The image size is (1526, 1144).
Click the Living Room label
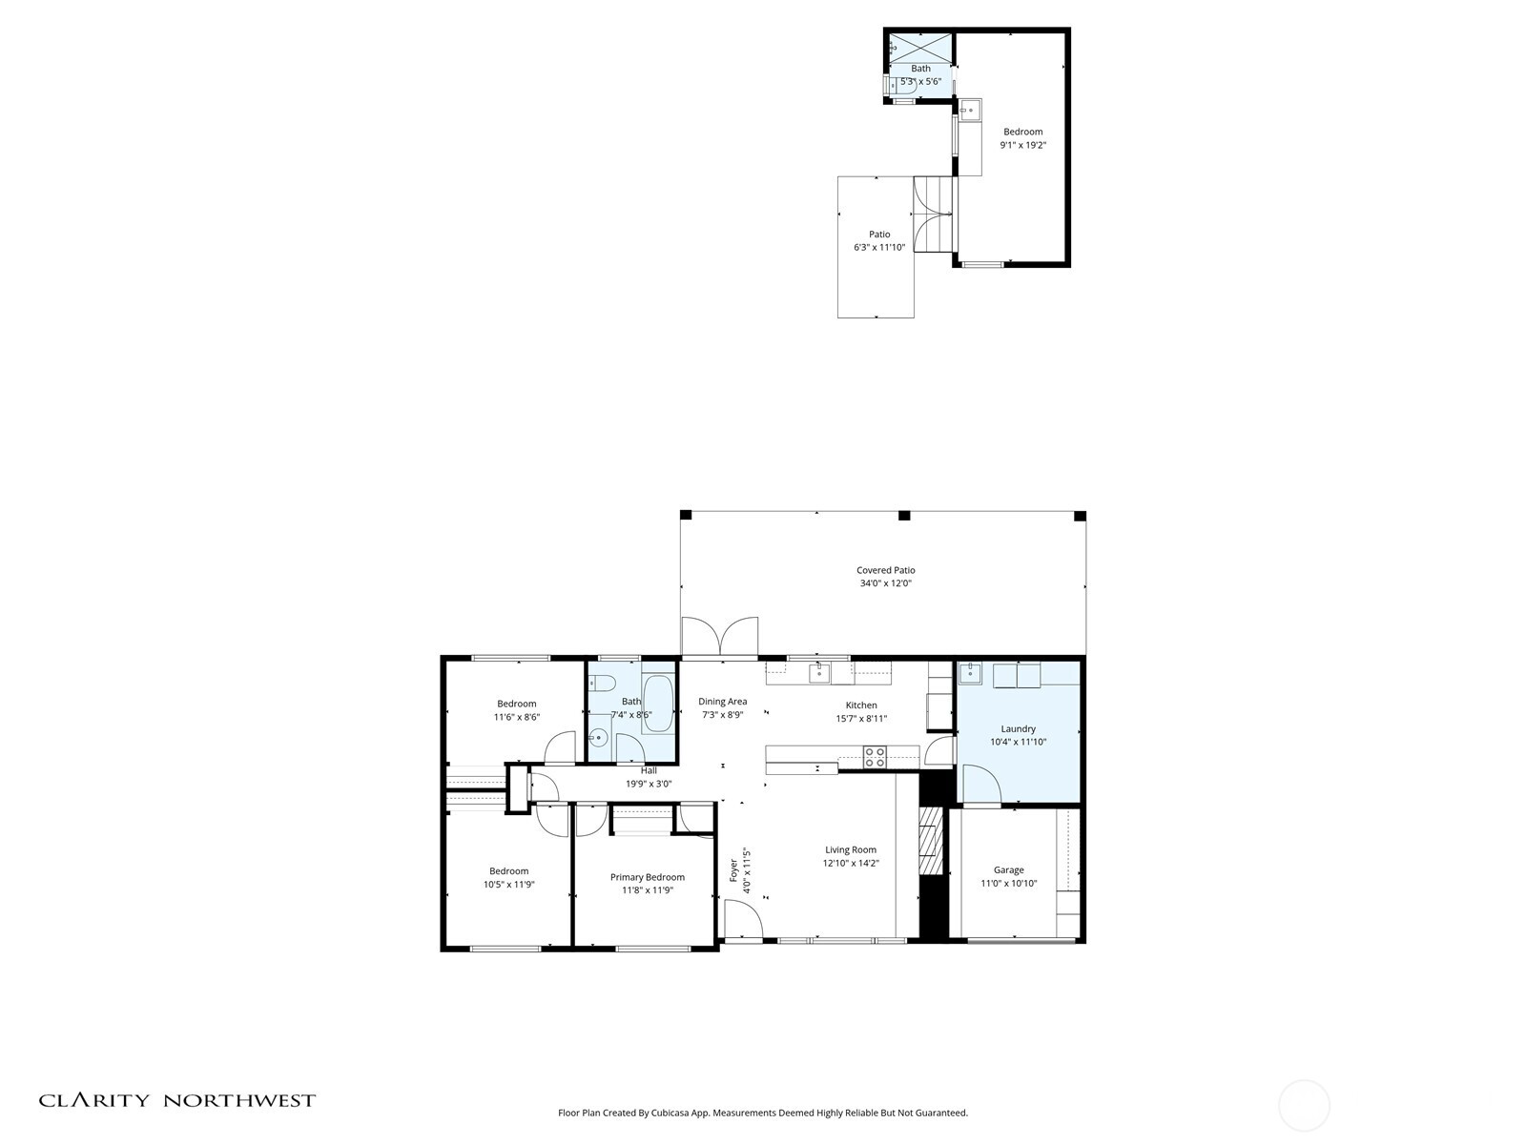click(850, 850)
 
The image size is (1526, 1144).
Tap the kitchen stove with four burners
click(875, 757)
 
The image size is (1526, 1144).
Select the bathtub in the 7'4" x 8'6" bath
click(657, 705)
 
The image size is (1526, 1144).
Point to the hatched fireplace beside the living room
click(928, 841)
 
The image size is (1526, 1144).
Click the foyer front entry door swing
click(742, 921)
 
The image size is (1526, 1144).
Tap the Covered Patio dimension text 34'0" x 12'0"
click(885, 583)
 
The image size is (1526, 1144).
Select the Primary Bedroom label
click(647, 877)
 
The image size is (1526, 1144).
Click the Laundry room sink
click(969, 674)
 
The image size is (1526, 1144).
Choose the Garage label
click(1008, 869)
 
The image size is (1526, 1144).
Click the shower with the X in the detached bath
click(920, 47)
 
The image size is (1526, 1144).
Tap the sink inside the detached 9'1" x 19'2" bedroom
click(970, 111)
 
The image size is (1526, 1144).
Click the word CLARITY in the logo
click(93, 1100)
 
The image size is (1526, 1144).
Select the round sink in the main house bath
click(598, 737)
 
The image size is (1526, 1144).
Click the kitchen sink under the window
click(818, 674)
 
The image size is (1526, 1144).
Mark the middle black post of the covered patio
click(904, 516)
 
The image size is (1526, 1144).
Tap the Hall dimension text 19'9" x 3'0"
click(649, 784)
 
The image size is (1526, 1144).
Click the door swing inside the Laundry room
click(980, 785)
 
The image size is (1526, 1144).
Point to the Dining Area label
click(722, 702)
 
